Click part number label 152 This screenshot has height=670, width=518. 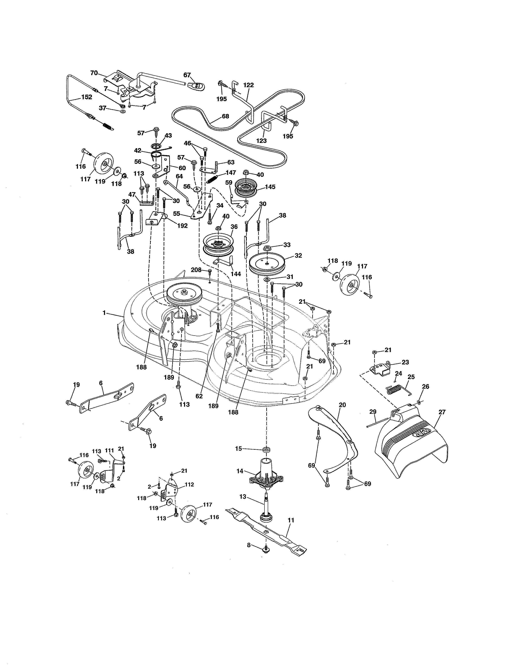[87, 97]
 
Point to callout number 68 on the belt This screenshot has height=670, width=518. [225, 116]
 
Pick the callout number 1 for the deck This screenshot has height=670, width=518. [104, 313]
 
